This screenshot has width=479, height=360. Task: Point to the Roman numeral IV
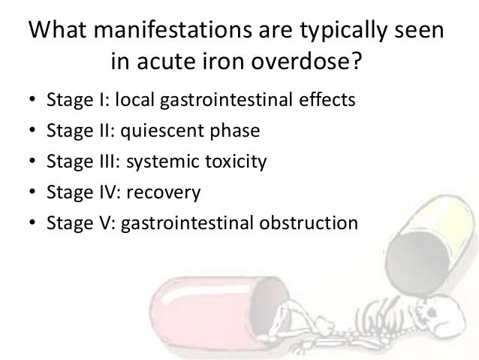tap(97, 193)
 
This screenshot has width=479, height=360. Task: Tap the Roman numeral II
tap(94, 132)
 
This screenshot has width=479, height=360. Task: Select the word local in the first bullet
tap(132, 101)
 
